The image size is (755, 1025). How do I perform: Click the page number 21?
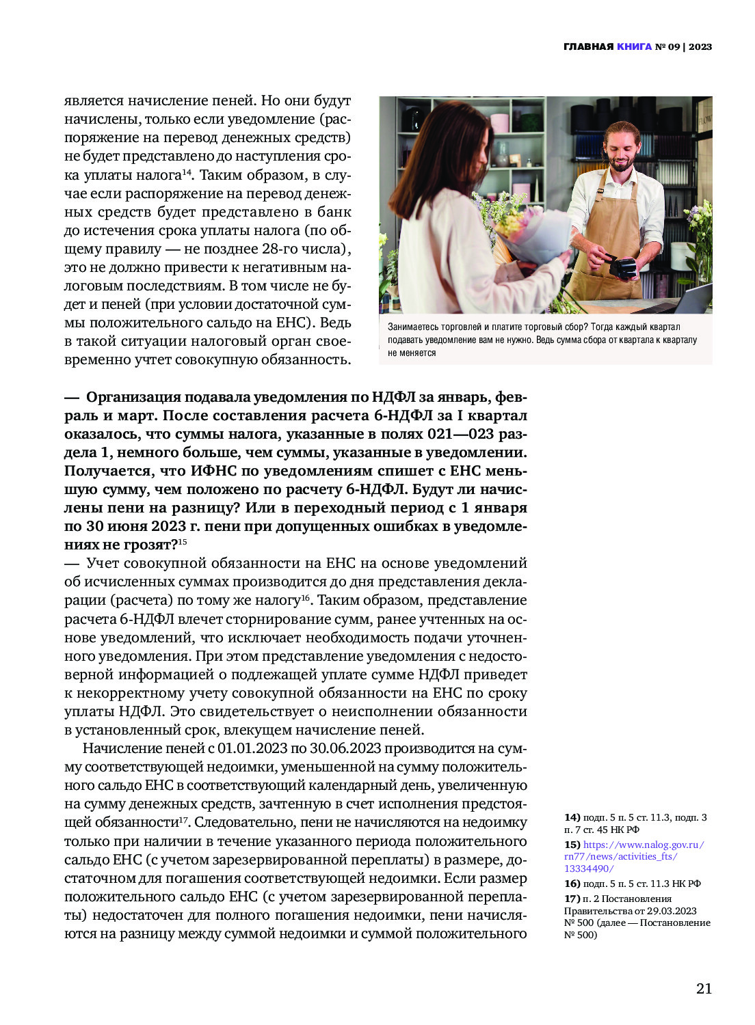(704, 988)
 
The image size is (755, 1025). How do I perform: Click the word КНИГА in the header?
(634, 47)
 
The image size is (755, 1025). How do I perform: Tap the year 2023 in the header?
(700, 47)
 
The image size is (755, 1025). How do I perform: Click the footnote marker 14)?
(572, 817)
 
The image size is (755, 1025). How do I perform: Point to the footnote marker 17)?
(572, 899)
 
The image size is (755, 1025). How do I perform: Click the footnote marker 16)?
(572, 884)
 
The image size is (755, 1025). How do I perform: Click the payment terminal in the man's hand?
(622, 266)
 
